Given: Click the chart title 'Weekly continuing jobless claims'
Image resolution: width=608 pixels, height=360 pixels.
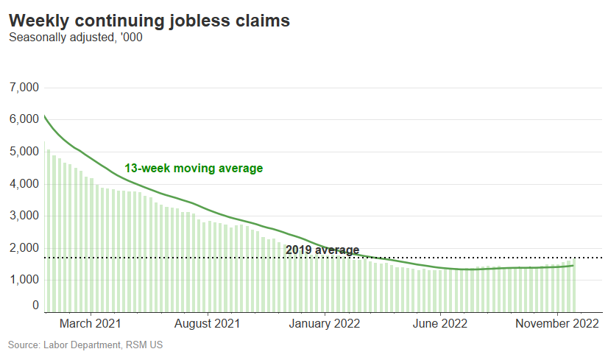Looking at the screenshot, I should click(149, 21).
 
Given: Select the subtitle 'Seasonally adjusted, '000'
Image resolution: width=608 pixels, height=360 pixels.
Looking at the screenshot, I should click(76, 38).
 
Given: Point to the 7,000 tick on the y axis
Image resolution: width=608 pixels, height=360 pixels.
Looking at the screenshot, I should click(24, 88).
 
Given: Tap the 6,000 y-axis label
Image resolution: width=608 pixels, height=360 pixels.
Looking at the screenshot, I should click(24, 119).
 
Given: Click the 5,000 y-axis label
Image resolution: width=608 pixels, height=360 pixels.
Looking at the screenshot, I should click(24, 152).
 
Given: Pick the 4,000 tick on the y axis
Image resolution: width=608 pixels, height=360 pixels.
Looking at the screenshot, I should click(24, 183).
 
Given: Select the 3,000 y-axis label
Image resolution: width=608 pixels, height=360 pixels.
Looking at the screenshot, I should click(24, 216).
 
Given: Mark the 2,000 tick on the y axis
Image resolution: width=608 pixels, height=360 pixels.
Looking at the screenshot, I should click(24, 247).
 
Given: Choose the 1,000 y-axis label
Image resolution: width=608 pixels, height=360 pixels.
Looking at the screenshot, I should click(24, 280).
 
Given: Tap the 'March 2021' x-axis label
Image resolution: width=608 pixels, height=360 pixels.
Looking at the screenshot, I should click(91, 323).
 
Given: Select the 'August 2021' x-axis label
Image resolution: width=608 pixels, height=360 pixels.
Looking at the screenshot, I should click(208, 323).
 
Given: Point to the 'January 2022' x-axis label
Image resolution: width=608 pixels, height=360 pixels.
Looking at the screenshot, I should click(324, 323).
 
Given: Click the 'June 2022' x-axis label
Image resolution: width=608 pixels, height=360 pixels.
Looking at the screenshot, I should click(439, 323).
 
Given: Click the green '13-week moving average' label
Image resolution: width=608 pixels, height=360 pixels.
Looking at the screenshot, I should click(194, 169).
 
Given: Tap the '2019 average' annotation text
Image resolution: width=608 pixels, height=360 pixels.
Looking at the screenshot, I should click(322, 250).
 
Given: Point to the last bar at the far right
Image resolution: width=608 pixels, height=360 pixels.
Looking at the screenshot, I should click(573, 287).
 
